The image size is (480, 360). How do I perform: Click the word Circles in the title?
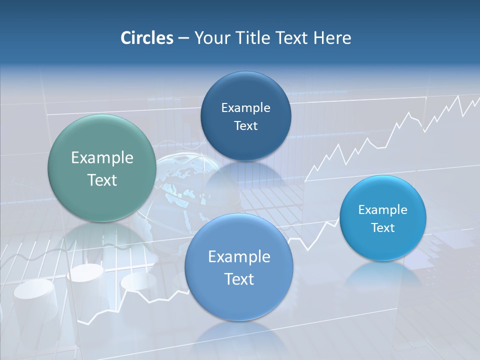pyautogui.click(x=146, y=38)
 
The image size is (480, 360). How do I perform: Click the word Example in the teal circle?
pyautogui.click(x=102, y=158)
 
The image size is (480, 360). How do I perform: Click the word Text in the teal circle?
pyautogui.click(x=102, y=180)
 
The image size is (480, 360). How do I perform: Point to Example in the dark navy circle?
pyautogui.click(x=245, y=108)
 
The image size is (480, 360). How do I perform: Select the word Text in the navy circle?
pyautogui.click(x=245, y=126)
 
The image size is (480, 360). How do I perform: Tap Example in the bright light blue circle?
pyautogui.click(x=383, y=210)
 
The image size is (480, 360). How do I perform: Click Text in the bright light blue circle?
pyautogui.click(x=383, y=228)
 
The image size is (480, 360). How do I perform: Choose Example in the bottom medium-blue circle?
pyautogui.click(x=239, y=257)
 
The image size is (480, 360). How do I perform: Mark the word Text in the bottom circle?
pyautogui.click(x=239, y=279)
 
